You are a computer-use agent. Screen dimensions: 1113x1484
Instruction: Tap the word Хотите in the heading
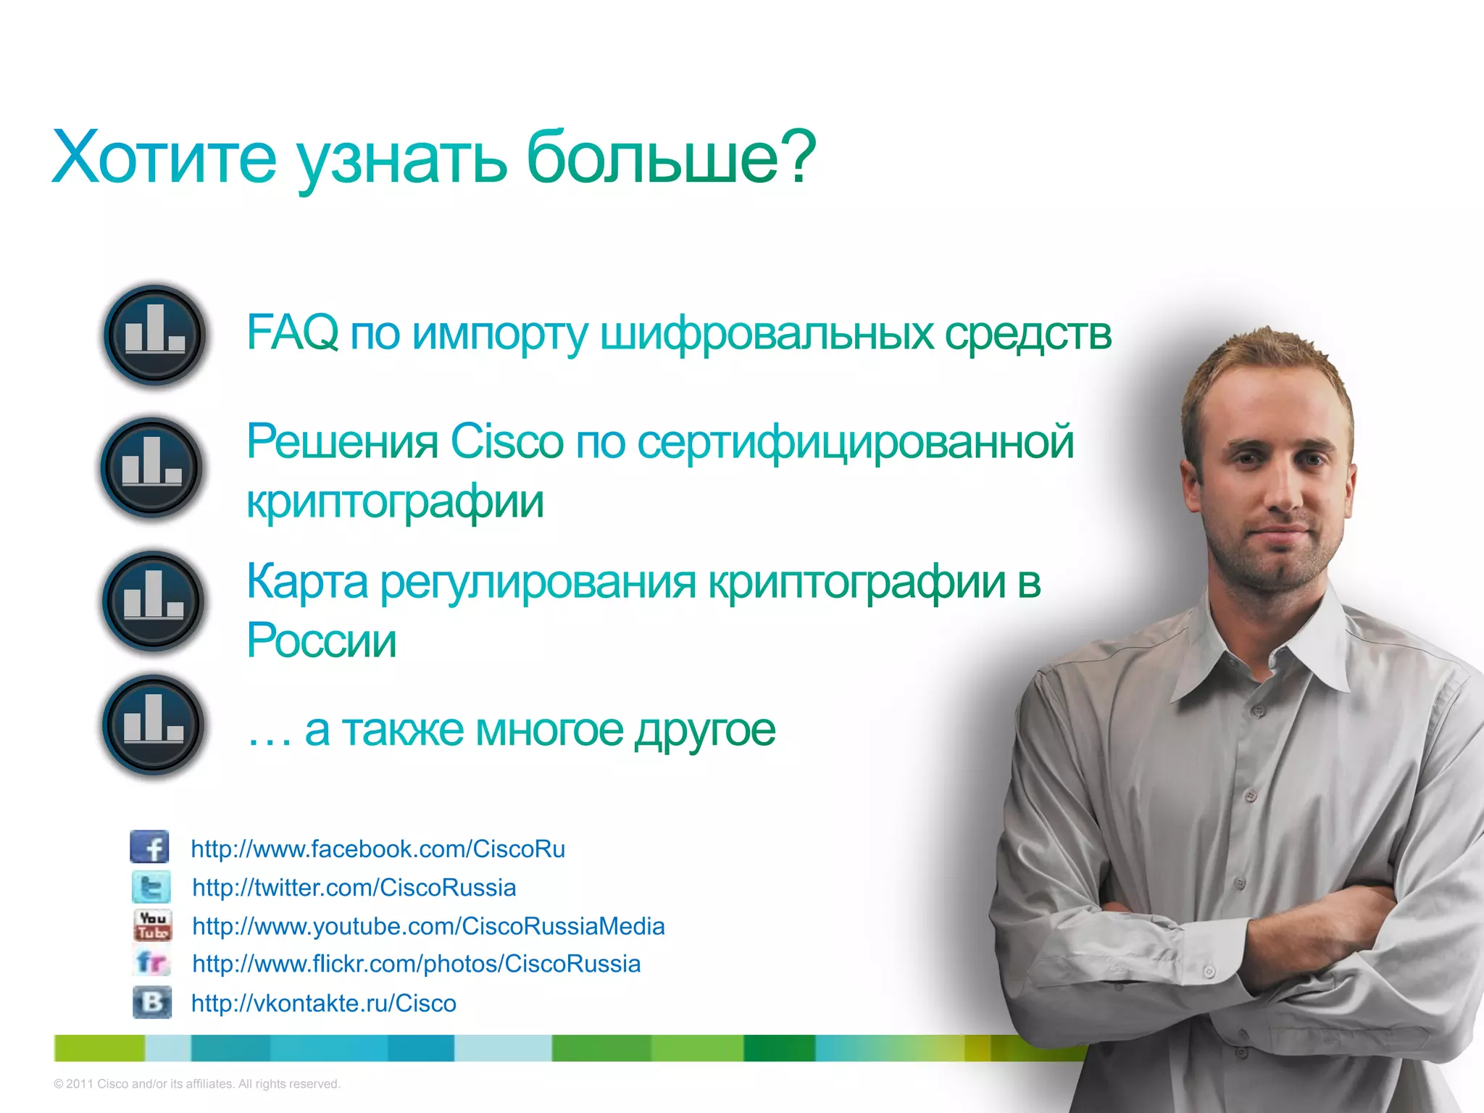coord(164,158)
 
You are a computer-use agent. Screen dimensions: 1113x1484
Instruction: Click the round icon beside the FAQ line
coord(154,335)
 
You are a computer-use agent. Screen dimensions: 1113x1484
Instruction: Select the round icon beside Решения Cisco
coord(152,467)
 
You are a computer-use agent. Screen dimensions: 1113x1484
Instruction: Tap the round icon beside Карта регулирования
coord(154,601)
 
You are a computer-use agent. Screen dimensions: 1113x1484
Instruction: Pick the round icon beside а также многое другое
coord(154,725)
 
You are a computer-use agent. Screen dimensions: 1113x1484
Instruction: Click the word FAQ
coord(292,333)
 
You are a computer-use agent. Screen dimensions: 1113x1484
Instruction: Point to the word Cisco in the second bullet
coord(507,441)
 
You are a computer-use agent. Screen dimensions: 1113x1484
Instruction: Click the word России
coord(322,641)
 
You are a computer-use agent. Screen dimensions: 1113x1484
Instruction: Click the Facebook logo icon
coord(150,846)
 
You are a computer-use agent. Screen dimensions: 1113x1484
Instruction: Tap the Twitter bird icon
coord(151,887)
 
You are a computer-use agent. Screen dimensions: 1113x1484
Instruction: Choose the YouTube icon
coord(152,925)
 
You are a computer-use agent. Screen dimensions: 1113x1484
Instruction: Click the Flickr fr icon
coord(152,963)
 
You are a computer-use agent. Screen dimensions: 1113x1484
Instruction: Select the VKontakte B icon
coord(152,1002)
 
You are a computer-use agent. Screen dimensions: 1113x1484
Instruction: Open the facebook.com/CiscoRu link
coord(378,849)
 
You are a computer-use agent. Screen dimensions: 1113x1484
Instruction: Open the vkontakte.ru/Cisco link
coord(323,1003)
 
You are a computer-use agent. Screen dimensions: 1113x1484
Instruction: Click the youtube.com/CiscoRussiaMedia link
coord(428,926)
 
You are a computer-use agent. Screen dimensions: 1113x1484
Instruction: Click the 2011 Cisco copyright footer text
coord(197,1084)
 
